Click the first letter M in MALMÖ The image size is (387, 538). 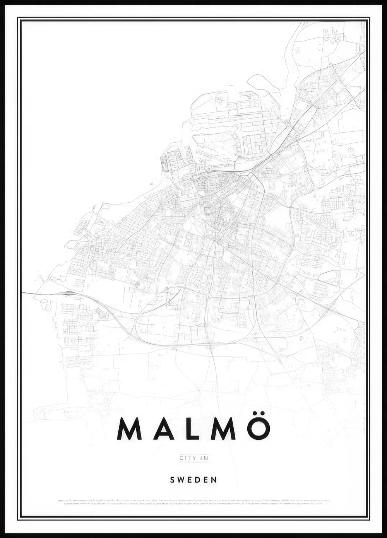tap(129, 429)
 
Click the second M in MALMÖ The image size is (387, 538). tap(223, 429)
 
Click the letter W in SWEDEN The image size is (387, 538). tap(181, 480)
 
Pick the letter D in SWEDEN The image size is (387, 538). tap(198, 480)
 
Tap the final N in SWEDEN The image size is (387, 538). tap(214, 480)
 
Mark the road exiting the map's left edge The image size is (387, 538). tap(27, 293)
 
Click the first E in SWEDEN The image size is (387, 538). tap(190, 480)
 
